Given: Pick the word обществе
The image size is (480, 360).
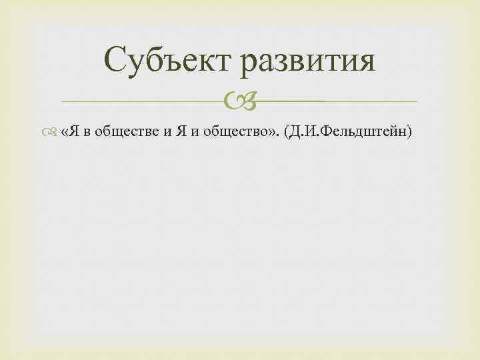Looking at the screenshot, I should click(125, 132).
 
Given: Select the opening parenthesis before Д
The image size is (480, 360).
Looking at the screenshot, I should click(287, 132).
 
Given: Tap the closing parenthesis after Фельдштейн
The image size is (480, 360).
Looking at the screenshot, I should click(411, 132).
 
